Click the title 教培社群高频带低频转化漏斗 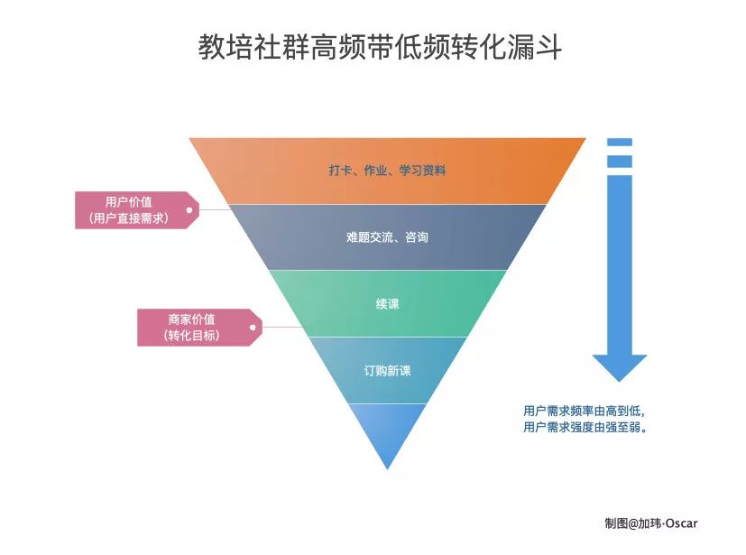tap(380, 48)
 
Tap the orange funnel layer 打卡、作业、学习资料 tap(387, 171)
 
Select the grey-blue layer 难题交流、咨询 tap(387, 237)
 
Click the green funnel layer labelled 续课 tap(387, 304)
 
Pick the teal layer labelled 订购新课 tap(387, 371)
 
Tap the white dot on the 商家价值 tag tap(252, 328)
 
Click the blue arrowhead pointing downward tap(619, 366)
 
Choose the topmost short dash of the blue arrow tap(619, 142)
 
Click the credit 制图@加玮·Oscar tap(650, 523)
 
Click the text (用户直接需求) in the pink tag tap(129, 217)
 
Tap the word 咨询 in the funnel tap(415, 237)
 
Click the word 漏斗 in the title tap(541, 48)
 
